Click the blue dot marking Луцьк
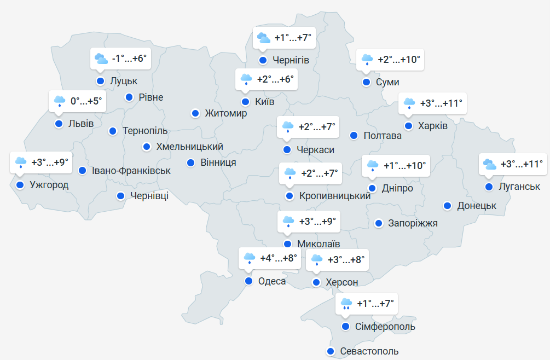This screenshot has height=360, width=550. pos(100,81)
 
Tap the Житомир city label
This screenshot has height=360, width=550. pos(225,113)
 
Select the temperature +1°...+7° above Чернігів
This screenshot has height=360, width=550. pos(293,38)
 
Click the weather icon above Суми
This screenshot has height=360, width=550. pos(367,59)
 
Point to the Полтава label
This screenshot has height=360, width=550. pos(383,135)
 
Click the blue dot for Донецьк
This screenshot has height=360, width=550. pos(447,206)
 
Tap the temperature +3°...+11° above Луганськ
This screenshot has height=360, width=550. pos(522,164)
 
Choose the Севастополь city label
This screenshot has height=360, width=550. pos(369,351)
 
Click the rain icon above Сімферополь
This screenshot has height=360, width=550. pos(346,303)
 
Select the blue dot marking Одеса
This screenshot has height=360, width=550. pos(248,281)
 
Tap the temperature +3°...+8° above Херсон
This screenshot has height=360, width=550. pos(345,259)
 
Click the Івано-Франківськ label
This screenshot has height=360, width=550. pos(131,171)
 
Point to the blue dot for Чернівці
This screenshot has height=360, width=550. pos(120,196)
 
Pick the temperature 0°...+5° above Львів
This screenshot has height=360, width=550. pos(86,101)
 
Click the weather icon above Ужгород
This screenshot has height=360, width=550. pos(21,162)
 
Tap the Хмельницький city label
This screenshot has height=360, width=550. pos(189,147)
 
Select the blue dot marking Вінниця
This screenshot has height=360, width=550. pos(190,162)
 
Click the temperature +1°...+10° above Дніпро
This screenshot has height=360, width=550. pos(404,165)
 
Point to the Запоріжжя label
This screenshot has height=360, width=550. pos(413,223)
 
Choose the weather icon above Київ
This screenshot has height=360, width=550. pos(246,80)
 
